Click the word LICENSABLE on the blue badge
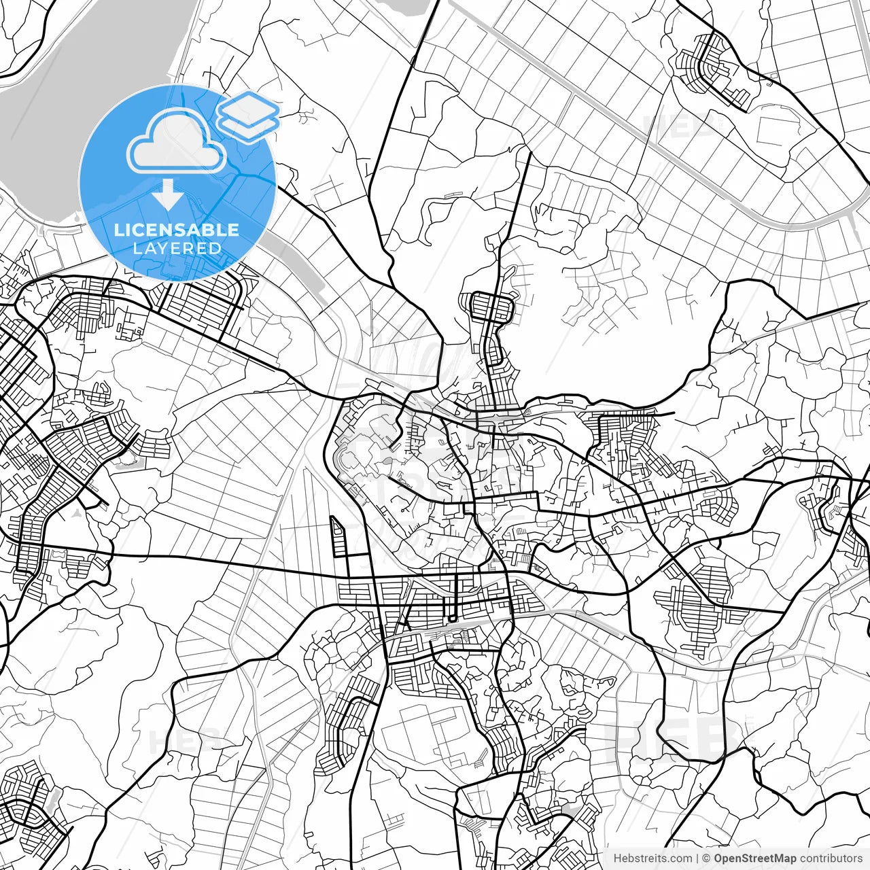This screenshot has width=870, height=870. pyautogui.click(x=177, y=230)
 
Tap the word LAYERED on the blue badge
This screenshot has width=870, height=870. pyautogui.click(x=177, y=248)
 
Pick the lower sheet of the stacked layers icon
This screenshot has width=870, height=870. pyautogui.click(x=249, y=125)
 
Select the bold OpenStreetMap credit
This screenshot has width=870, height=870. pyautogui.click(x=754, y=858)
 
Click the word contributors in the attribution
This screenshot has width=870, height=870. pyautogui.click(x=831, y=858)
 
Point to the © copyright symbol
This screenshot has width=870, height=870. pyautogui.click(x=706, y=858)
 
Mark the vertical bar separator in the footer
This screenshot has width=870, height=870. pyautogui.click(x=697, y=858)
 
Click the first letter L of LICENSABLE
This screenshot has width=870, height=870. pyautogui.click(x=118, y=230)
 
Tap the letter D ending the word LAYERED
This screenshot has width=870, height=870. pyautogui.click(x=217, y=248)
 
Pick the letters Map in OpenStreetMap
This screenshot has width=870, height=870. pyautogui.click(x=784, y=858)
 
